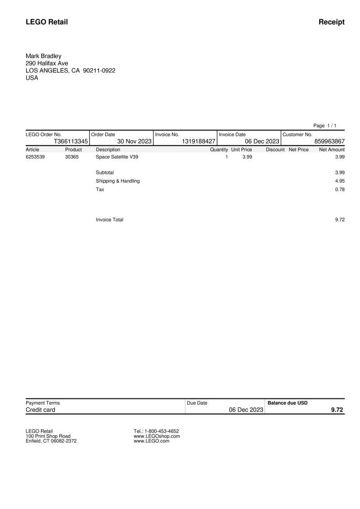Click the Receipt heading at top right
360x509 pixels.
point(331,22)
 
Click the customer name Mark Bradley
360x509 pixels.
point(43,56)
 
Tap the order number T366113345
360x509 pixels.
point(71,141)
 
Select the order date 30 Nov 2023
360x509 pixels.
point(134,141)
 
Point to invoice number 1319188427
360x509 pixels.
point(198,141)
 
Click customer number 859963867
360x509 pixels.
point(329,141)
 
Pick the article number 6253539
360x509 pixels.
point(35,157)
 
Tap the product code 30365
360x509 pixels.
point(72,157)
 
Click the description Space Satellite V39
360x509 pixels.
point(117,157)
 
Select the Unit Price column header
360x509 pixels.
point(242,149)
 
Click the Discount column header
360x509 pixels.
point(275,149)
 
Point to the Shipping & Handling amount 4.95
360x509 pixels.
point(340,181)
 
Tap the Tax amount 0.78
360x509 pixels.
point(340,189)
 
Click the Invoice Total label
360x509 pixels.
point(109,219)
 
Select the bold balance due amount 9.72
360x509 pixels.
point(337,410)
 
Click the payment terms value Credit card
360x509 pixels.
point(40,410)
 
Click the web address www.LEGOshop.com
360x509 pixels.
point(157,436)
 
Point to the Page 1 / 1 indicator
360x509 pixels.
point(325,125)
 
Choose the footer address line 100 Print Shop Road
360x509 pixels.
point(48,436)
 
